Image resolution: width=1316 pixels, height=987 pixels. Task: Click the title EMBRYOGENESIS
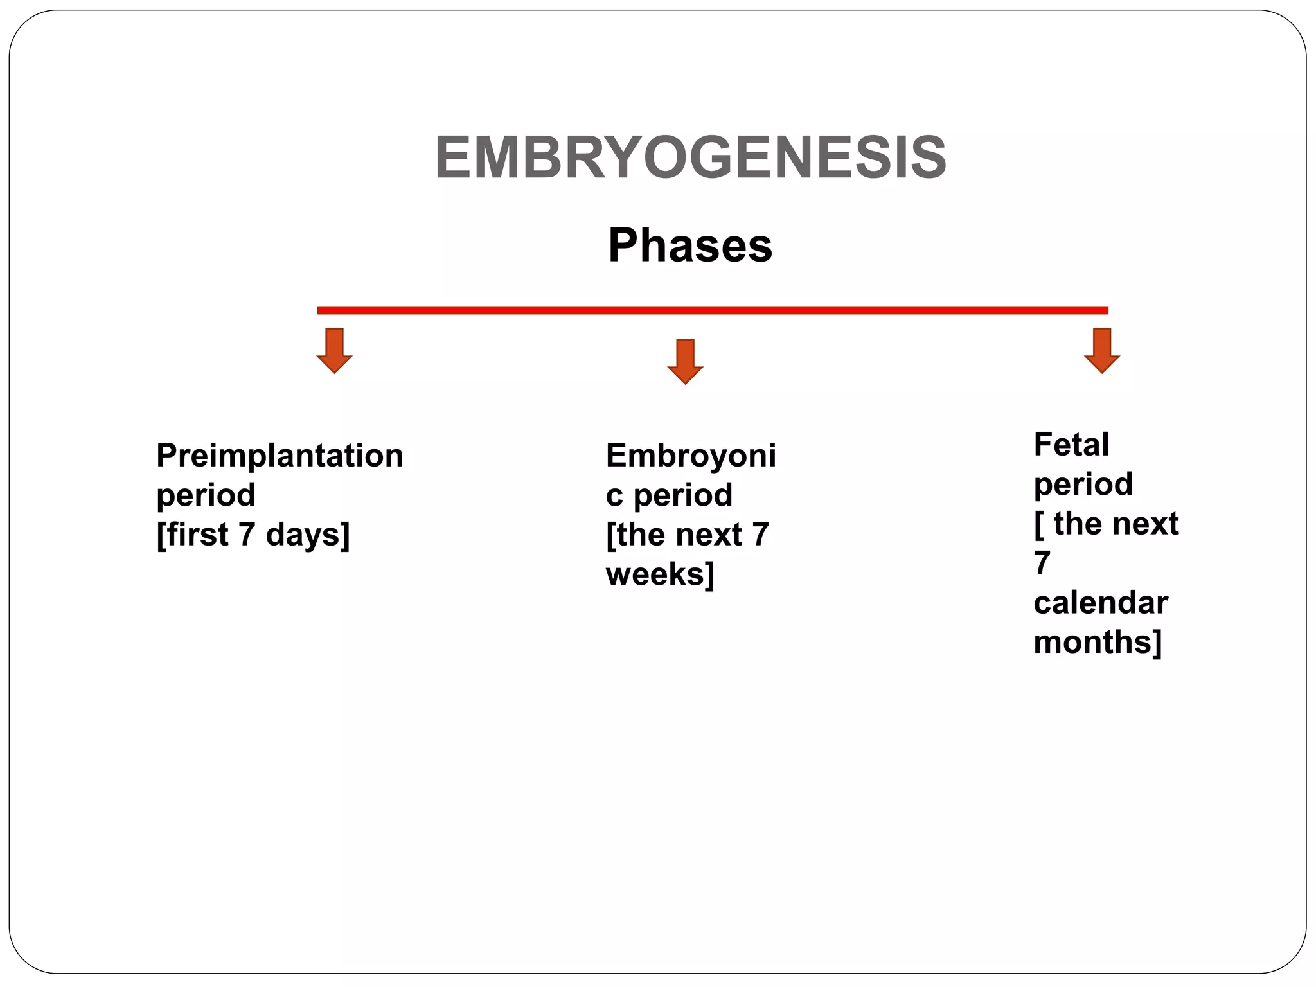[x=690, y=158]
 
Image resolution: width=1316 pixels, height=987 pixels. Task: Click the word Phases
[x=690, y=245]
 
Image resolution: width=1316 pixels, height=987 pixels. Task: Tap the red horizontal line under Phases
[x=712, y=310]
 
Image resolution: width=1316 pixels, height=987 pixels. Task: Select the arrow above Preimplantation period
[x=334, y=350]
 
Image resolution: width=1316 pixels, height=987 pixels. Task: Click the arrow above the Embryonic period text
[x=685, y=361]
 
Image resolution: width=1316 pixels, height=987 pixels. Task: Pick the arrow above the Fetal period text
[x=1101, y=350]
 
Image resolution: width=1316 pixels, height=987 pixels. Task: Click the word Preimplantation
[x=280, y=456]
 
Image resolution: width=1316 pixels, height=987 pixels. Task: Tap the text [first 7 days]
[x=253, y=535]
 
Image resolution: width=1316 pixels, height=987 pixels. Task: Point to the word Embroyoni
[x=691, y=456]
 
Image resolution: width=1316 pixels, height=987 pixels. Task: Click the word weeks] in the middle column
[x=660, y=574]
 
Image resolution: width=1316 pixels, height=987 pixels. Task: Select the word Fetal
[x=1071, y=445]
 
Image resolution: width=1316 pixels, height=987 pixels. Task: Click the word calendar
[x=1100, y=603]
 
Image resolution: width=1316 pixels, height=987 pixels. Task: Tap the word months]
[x=1098, y=642]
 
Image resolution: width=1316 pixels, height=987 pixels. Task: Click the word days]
[x=307, y=535]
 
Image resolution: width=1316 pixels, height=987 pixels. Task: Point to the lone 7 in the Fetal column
[x=1042, y=563]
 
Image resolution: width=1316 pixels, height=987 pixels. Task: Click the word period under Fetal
[x=1083, y=484]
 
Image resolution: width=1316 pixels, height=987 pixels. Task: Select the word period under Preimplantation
[x=206, y=495]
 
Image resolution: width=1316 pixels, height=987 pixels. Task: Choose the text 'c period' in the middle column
[x=668, y=495]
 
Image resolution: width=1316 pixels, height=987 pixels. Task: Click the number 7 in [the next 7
[x=760, y=535]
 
